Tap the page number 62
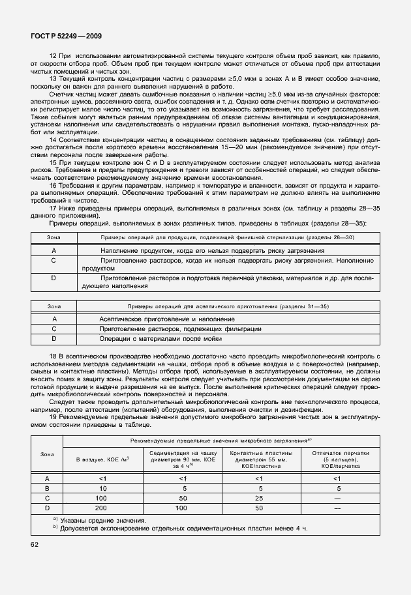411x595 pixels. click(x=35, y=543)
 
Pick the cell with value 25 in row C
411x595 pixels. click(x=260, y=497)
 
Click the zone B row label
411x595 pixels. click(x=46, y=487)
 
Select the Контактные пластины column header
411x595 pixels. click(x=260, y=459)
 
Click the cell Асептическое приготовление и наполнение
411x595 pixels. click(x=167, y=319)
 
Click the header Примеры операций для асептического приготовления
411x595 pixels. click(x=205, y=306)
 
